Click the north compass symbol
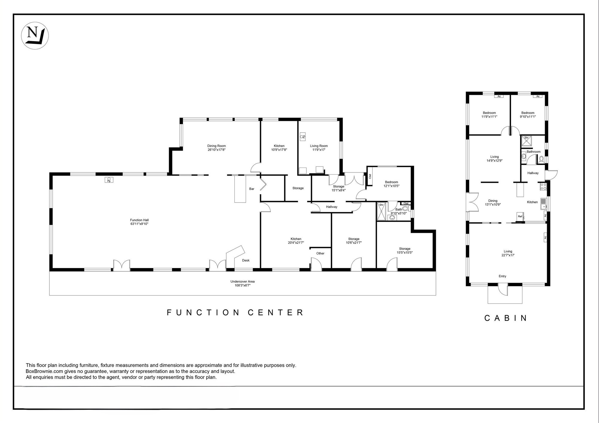(35, 36)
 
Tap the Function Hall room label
(139, 222)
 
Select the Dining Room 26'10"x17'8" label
(217, 148)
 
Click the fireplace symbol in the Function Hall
(109, 180)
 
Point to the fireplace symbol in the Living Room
(302, 137)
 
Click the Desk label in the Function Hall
(246, 260)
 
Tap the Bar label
(252, 189)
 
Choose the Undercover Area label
(243, 283)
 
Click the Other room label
(320, 253)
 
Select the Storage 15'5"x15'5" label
(405, 250)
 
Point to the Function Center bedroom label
(391, 184)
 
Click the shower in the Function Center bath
(381, 211)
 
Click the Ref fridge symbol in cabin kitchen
(520, 217)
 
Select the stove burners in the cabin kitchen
(543, 187)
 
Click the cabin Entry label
(503, 276)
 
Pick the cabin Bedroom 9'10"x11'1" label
(528, 115)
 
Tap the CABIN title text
(506, 318)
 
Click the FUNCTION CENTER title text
(235, 313)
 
